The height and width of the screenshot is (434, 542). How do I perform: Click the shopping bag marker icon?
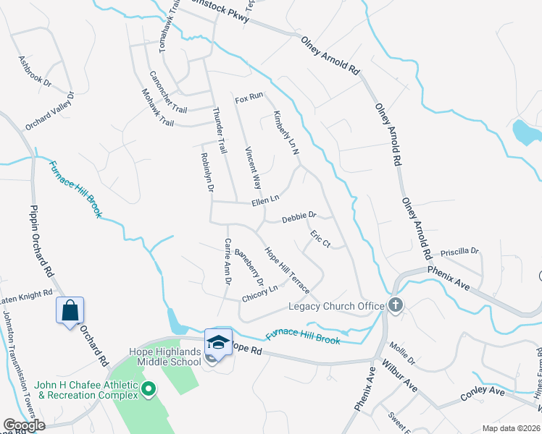tap(70, 311)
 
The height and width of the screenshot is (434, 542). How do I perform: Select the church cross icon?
tap(395, 305)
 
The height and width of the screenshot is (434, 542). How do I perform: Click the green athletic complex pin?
tap(149, 390)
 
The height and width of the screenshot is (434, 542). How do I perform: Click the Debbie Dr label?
tap(299, 216)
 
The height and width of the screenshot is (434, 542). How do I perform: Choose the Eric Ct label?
tap(320, 239)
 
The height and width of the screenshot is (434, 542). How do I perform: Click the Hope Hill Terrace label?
tap(287, 271)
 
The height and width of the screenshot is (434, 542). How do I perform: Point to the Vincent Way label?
tap(253, 169)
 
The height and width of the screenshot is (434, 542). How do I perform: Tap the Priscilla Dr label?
tap(464, 252)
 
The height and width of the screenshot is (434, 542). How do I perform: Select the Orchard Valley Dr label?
tap(50, 111)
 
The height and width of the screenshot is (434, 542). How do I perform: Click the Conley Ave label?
tap(482, 395)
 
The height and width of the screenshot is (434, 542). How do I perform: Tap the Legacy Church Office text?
tap(336, 307)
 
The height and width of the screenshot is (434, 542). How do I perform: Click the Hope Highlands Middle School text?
tap(166, 357)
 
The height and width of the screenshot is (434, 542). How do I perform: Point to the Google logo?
tap(24, 425)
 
